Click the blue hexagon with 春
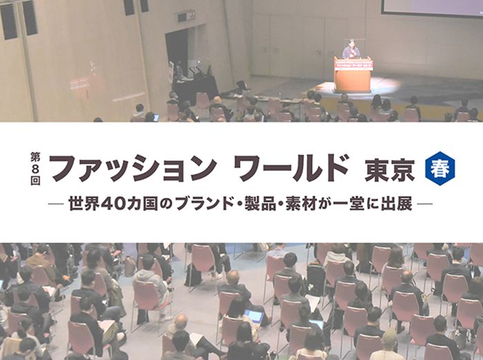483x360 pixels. click(x=440, y=168)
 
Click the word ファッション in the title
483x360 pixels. click(x=133, y=168)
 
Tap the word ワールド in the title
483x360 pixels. click(x=291, y=168)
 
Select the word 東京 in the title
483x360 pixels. click(x=390, y=170)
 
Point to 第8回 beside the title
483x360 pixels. click(x=35, y=168)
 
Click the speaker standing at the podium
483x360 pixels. click(x=351, y=49)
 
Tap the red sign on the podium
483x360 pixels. click(x=353, y=65)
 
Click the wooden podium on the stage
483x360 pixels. click(x=353, y=74)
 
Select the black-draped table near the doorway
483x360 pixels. click(x=195, y=89)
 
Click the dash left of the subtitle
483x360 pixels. click(x=56, y=203)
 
